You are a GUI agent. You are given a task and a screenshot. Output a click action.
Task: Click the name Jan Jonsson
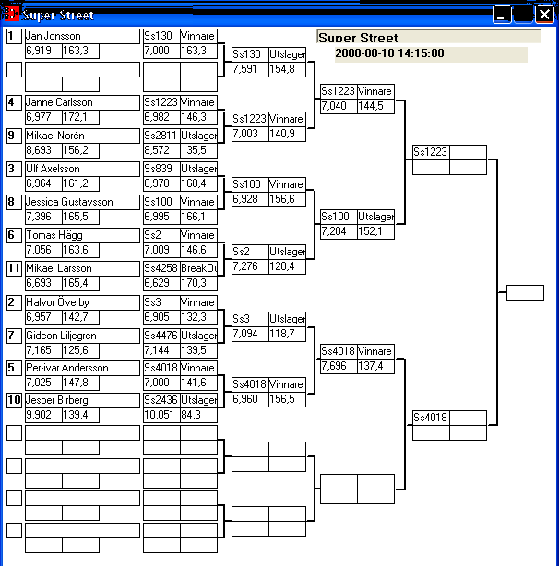tap(54, 36)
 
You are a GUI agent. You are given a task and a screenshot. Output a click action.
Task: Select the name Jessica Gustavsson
tap(70, 202)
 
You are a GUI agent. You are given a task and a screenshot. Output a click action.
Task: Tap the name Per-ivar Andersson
tap(67, 368)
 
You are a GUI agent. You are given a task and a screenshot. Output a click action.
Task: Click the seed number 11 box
tap(14, 268)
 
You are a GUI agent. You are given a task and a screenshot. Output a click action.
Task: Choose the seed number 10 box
tap(14, 401)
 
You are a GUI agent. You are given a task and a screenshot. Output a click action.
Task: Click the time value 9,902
tap(42, 417)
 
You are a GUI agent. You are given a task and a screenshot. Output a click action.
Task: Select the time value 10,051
tap(161, 417)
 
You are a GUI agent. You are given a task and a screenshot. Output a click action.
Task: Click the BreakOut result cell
tap(198, 268)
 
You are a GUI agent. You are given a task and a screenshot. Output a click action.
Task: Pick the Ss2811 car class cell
tap(161, 136)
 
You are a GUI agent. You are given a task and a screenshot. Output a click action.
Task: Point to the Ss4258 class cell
tap(161, 268)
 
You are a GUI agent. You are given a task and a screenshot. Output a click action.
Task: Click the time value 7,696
tap(337, 367)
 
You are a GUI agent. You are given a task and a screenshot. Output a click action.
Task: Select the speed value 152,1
tap(375, 232)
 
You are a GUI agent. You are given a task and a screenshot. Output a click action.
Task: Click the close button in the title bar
tap(544, 14)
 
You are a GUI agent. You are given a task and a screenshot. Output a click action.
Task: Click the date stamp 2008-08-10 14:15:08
tap(389, 53)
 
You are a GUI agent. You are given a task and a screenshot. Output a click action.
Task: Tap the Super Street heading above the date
tap(359, 39)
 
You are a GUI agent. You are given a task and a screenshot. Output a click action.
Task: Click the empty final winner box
tap(525, 293)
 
